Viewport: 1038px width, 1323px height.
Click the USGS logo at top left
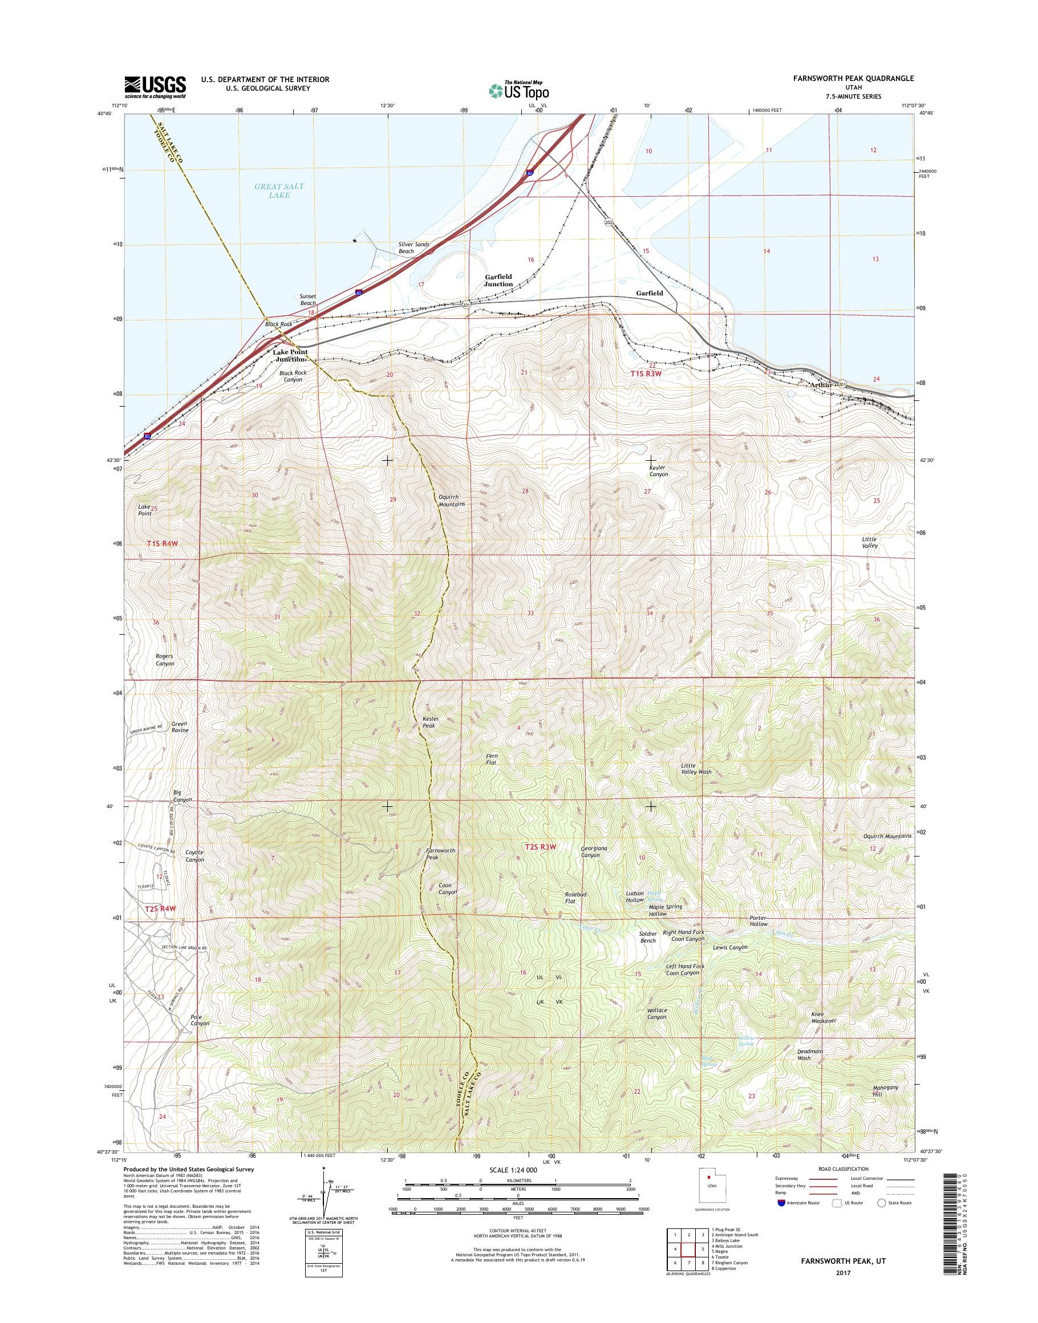click(155, 87)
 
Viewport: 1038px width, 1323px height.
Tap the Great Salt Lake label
click(279, 191)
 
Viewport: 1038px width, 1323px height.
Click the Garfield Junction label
click(498, 280)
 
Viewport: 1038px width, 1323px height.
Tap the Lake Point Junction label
click(290, 355)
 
